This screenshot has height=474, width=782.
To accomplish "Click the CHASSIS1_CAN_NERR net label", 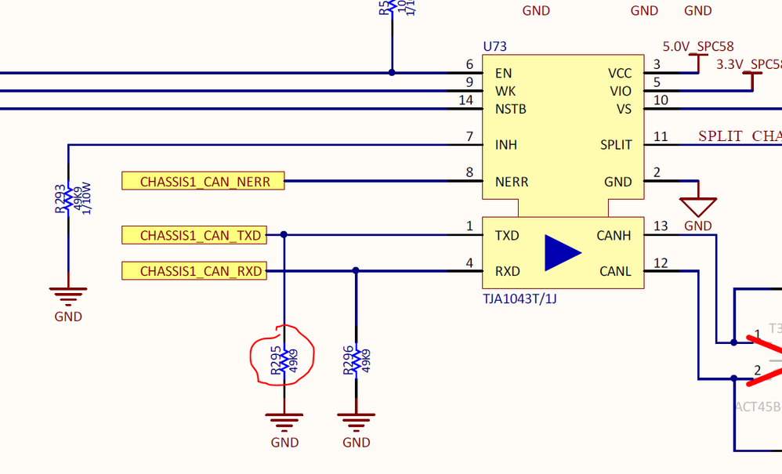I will (x=204, y=182).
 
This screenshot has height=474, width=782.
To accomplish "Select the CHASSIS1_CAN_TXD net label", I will (x=194, y=235).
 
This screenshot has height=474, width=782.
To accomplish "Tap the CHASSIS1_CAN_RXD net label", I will (x=194, y=272).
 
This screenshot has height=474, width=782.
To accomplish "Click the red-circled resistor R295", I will (x=284, y=361).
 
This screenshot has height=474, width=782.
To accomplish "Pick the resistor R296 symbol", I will (x=356, y=361).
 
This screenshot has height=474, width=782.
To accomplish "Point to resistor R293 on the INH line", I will (x=68, y=198).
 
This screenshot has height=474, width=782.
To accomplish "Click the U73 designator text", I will (x=495, y=47).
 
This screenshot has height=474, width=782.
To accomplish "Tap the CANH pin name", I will (x=614, y=235).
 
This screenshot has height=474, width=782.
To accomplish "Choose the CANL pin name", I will (x=614, y=272).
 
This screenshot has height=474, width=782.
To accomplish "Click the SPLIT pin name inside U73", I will (x=616, y=145).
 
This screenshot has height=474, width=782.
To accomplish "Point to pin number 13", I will (x=661, y=226).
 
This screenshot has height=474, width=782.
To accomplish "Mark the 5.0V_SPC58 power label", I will (x=698, y=47).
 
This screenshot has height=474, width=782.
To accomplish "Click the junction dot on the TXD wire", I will (x=284, y=234).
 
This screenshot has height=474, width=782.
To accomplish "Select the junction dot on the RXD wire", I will (x=356, y=271).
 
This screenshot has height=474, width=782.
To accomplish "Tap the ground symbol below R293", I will (x=68, y=296).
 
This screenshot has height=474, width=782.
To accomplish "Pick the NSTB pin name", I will (x=510, y=109).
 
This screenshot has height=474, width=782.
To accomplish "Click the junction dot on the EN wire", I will (x=392, y=73).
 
